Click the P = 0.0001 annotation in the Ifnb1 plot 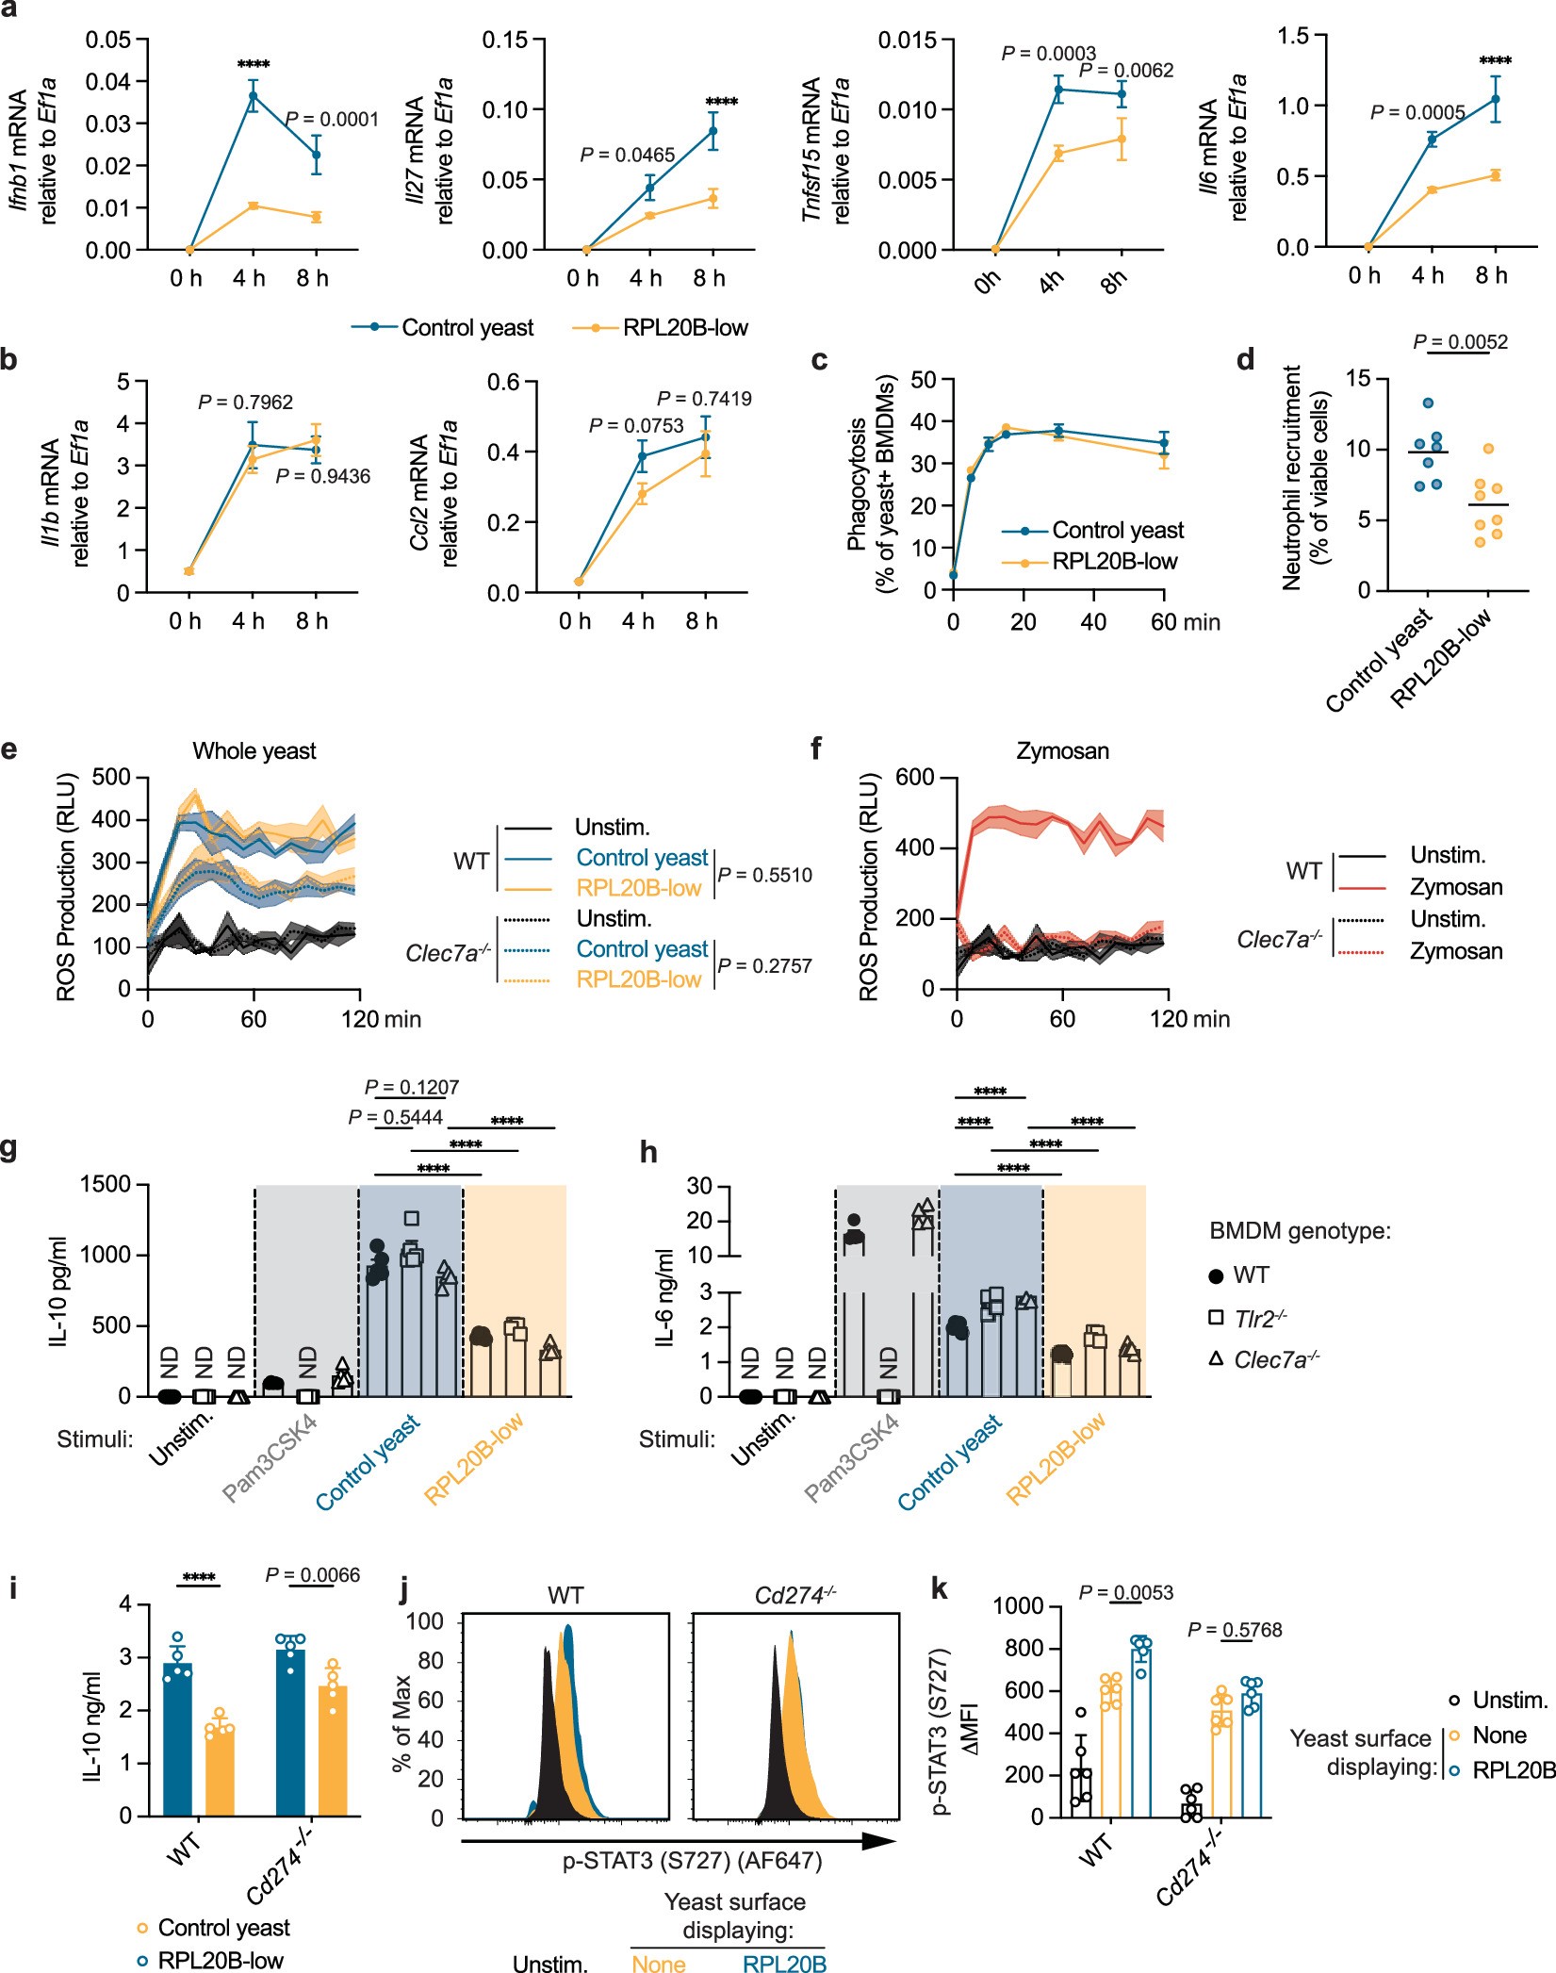coord(332,120)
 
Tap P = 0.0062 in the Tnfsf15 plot coord(1126,71)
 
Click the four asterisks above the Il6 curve coord(1496,61)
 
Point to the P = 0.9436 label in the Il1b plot coord(322,477)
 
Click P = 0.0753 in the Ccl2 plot coord(636,426)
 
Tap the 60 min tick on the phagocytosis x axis coord(1164,622)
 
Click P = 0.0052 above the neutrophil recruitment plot coord(1460,342)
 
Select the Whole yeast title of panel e coord(254,751)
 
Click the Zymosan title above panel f coord(1062,751)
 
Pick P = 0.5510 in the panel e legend coord(764,875)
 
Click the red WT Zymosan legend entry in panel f coord(1456,887)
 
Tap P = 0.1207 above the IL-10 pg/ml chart coord(412,1087)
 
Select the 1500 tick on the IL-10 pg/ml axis coord(105,1185)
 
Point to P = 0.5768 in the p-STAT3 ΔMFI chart coord(1235,1630)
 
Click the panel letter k coord(939,1590)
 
